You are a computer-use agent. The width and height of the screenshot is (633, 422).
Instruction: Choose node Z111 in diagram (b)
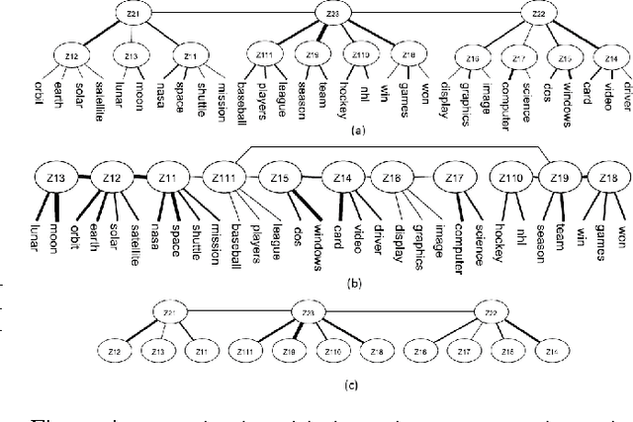coord(226,180)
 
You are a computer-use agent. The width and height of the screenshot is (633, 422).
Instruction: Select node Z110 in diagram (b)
coord(510,180)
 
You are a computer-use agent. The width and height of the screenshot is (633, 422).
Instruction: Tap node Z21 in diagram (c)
coord(169,313)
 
